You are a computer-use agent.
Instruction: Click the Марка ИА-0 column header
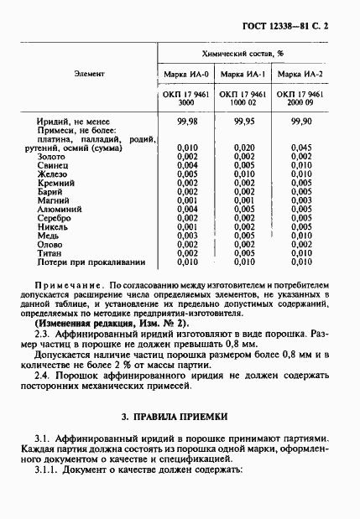click(x=185, y=75)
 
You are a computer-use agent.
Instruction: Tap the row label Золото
click(x=51, y=157)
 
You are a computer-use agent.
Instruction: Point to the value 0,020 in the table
click(x=243, y=148)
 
